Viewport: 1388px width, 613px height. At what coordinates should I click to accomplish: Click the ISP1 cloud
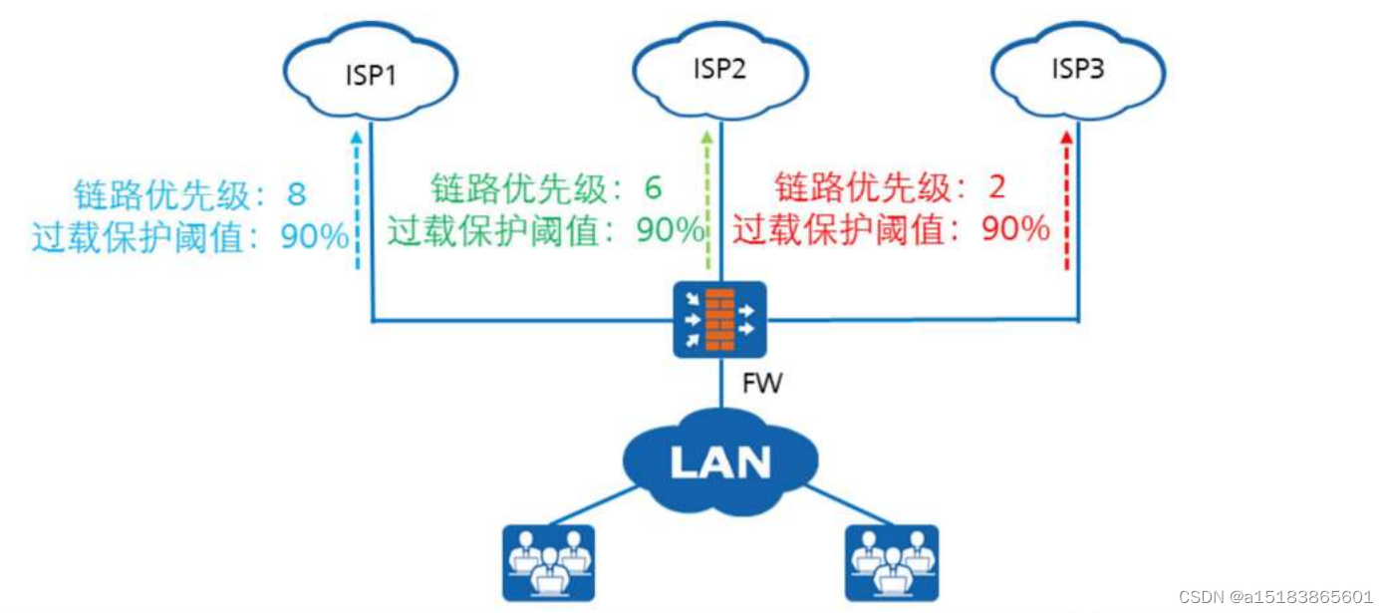pos(370,75)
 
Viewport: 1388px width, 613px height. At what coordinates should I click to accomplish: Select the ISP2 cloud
pos(720,70)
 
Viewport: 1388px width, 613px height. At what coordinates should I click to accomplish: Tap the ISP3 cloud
pos(1077,70)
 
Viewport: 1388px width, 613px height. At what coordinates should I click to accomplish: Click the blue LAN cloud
pos(720,461)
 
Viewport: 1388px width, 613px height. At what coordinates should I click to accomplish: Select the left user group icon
pos(547,563)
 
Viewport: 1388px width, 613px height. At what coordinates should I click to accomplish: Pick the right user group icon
pos(892,563)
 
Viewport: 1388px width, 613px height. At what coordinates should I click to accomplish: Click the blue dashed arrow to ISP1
pos(357,199)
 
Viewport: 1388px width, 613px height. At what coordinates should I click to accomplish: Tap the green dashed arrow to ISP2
pos(707,199)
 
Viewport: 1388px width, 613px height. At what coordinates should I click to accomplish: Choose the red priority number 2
pos(995,186)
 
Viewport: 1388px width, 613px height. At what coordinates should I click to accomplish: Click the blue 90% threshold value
pos(314,237)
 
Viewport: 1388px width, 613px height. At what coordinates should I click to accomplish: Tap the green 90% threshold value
pos(670,230)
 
